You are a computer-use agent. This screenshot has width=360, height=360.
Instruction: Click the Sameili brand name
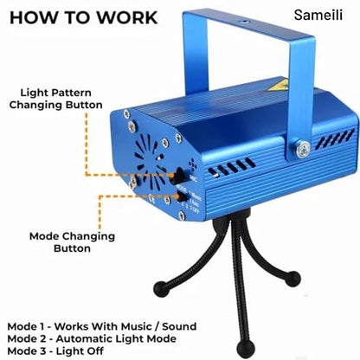tap(318, 15)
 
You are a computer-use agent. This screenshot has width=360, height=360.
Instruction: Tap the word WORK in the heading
tap(126, 17)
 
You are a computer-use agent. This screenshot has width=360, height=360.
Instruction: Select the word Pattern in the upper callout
tap(72, 93)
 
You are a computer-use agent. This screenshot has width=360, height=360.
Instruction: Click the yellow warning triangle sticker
tap(278, 87)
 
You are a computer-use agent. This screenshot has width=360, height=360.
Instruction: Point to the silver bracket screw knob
tap(303, 149)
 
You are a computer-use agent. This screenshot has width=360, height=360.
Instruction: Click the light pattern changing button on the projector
tap(178, 175)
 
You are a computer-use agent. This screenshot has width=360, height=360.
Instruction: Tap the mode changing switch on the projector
tap(182, 196)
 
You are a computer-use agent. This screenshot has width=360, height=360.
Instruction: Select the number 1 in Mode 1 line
tap(42, 326)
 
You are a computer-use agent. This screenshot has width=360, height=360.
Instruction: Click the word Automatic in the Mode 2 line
tap(86, 338)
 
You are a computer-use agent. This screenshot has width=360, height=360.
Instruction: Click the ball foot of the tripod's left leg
tap(161, 287)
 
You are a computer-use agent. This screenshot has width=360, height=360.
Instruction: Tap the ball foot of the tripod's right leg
tap(292, 279)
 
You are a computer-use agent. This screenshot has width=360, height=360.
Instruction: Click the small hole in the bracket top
tap(245, 22)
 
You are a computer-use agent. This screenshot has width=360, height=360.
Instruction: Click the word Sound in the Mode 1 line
tap(179, 326)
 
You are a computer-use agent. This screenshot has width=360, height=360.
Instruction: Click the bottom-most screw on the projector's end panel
tap(182, 215)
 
